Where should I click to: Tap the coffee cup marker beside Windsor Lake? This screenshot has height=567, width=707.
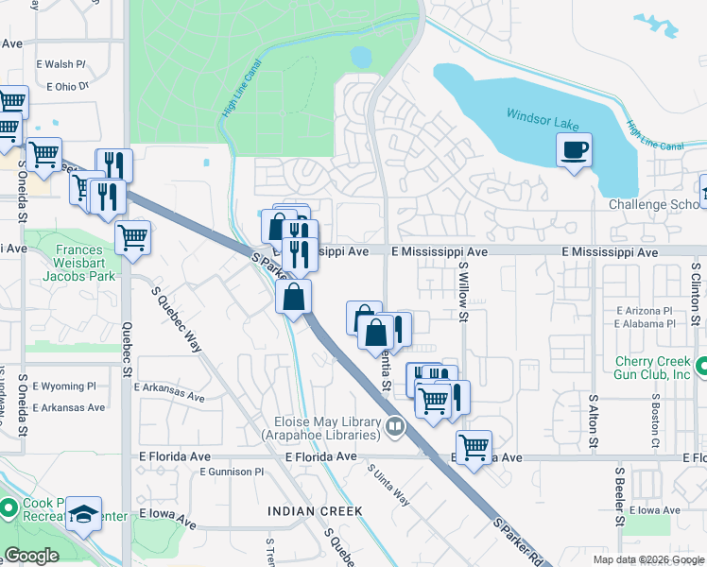click(x=574, y=149)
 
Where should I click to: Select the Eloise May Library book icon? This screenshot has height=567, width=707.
click(x=394, y=429)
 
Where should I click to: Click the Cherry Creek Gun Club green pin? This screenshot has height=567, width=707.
click(x=701, y=367)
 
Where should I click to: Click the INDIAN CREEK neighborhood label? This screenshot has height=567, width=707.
click(x=315, y=511)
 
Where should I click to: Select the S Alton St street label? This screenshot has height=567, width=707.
click(x=594, y=421)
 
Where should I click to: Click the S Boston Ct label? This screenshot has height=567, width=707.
click(x=654, y=420)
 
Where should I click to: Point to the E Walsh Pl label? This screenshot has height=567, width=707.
click(x=61, y=64)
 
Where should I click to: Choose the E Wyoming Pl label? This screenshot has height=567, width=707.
click(x=63, y=387)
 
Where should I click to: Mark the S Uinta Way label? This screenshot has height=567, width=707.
click(x=388, y=485)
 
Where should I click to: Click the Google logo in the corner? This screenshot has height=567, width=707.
click(x=31, y=556)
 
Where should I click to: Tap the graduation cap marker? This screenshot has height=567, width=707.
click(x=84, y=513)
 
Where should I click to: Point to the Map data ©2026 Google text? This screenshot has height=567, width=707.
click(x=648, y=559)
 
